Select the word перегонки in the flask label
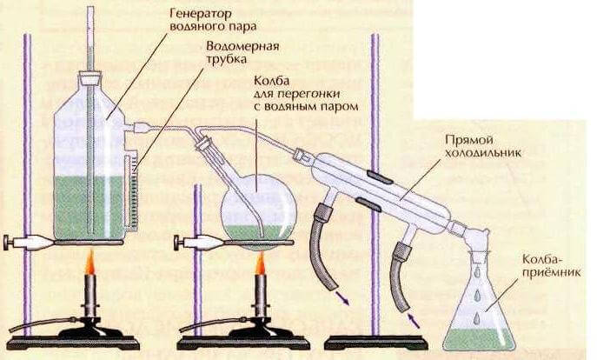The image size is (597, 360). (x=285, y=93)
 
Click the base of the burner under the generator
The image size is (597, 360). (x=88, y=336)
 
